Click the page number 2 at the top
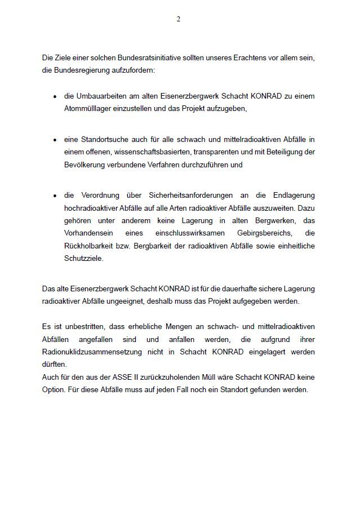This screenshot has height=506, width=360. pyautogui.click(x=179, y=19)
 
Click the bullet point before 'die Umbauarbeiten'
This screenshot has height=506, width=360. pyautogui.click(x=55, y=96)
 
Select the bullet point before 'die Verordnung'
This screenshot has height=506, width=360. pyautogui.click(x=55, y=196)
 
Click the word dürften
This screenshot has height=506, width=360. pyautogui.click(x=53, y=364)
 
